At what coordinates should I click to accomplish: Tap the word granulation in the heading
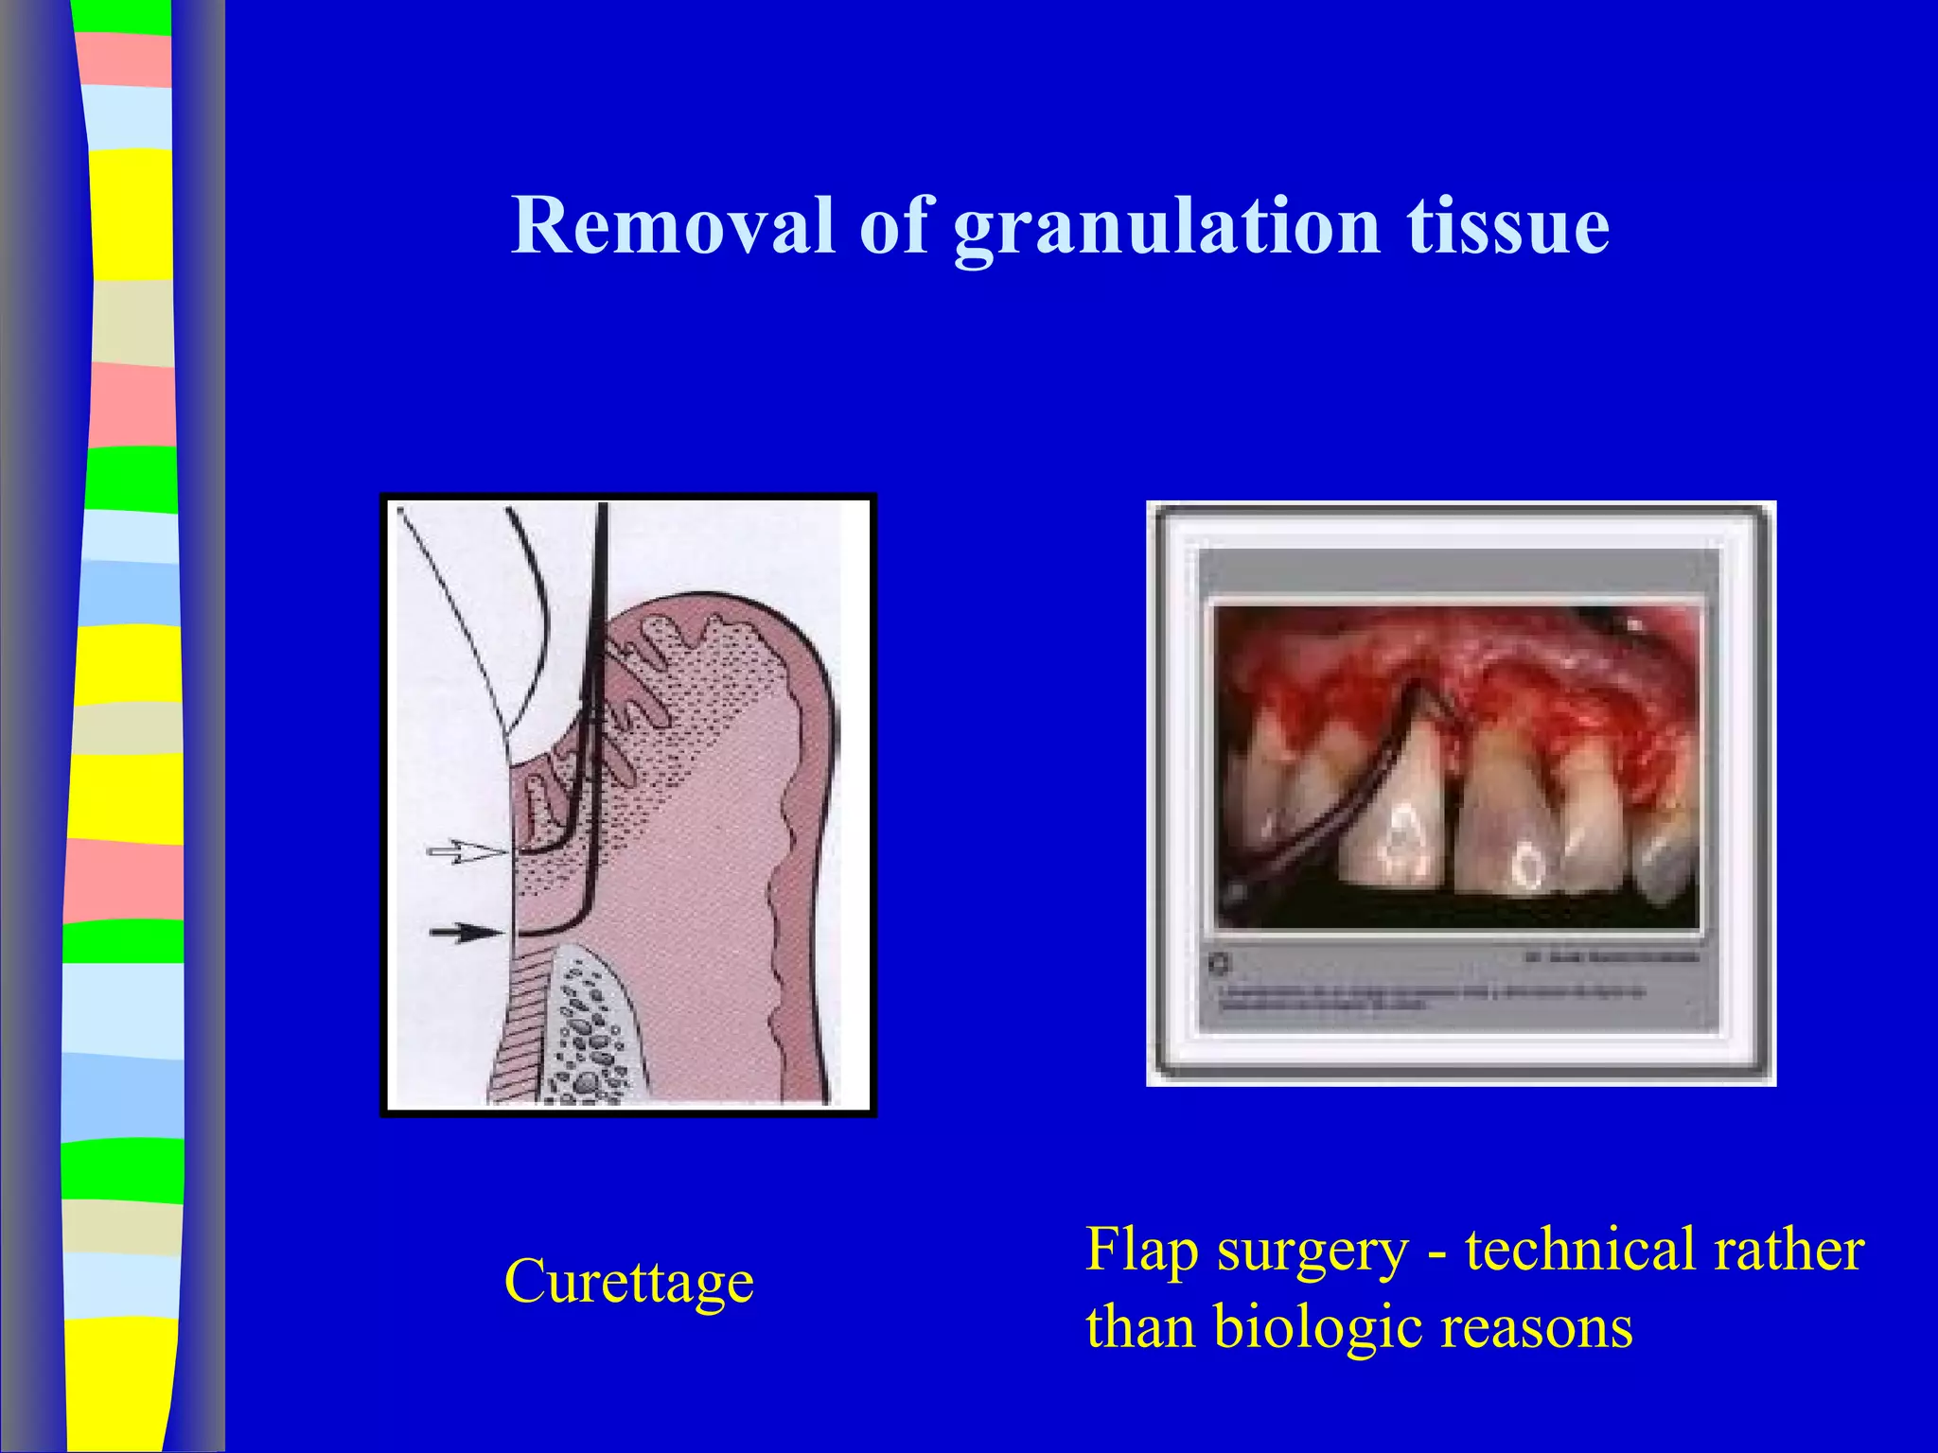(1166, 227)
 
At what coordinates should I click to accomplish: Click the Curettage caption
(628, 1283)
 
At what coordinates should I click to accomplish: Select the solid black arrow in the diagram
(465, 933)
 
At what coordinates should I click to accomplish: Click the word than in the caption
(1139, 1326)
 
